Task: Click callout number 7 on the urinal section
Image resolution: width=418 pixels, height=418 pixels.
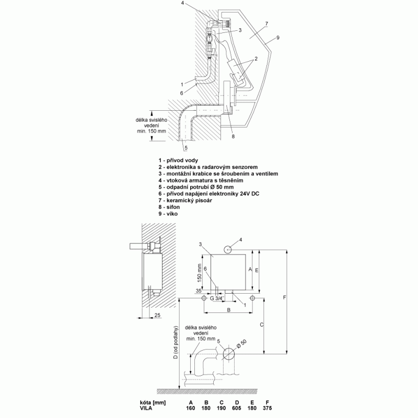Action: [x=266, y=24]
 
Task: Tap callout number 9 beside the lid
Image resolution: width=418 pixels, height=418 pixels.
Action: [x=278, y=38]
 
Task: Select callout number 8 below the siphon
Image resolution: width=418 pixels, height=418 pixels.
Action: [x=233, y=136]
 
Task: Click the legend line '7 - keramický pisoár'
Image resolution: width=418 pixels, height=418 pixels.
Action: [x=185, y=200]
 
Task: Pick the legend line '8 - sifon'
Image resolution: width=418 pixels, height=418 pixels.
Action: [x=169, y=207]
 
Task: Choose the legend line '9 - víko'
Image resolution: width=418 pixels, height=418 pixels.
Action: [x=168, y=214]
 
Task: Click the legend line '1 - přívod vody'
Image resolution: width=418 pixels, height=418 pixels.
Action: [x=178, y=160]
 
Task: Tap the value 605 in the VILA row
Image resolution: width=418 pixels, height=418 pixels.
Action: [x=237, y=408]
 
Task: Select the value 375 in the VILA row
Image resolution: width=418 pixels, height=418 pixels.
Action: [x=268, y=408]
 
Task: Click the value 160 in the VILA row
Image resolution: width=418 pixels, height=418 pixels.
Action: [x=191, y=408]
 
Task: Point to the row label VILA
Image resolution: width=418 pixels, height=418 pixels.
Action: [x=146, y=408]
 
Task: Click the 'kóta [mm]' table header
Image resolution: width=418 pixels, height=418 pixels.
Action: [x=153, y=402]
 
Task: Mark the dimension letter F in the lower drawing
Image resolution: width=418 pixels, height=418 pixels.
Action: [x=284, y=297]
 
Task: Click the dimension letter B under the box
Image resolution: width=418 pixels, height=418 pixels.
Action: [x=228, y=310]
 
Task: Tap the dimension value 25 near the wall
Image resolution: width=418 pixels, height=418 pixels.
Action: [x=158, y=315]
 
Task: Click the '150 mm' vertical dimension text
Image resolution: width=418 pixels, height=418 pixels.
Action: [x=199, y=273]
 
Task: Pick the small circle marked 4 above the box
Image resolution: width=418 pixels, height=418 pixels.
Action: [x=228, y=250]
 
